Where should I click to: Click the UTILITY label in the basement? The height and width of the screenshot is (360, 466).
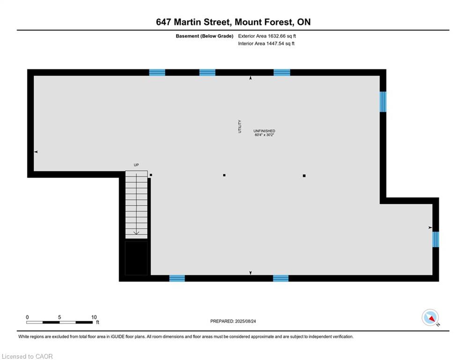click(240, 127)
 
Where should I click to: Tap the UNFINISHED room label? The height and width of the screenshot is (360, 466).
click(264, 131)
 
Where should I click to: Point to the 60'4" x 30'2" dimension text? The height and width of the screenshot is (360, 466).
click(264, 135)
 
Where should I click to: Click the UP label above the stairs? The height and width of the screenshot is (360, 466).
click(136, 165)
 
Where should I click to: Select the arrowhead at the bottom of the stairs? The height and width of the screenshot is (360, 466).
click(136, 232)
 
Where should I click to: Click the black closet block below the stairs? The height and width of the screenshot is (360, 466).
click(136, 258)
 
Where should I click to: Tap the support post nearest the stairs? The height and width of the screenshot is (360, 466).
click(151, 175)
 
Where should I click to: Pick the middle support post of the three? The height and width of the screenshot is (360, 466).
click(224, 175)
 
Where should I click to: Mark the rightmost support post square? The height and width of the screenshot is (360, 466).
click(304, 176)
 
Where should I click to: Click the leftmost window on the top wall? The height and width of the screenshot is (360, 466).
click(157, 73)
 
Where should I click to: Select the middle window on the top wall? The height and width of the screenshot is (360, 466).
click(207, 73)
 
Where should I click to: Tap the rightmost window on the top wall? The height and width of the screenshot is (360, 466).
click(282, 73)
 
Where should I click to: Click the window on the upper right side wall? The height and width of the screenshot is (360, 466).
click(383, 102)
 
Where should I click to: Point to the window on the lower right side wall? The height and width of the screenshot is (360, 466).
click(436, 240)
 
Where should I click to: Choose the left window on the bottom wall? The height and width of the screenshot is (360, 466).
click(177, 278)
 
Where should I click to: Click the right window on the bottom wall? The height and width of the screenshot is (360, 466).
click(281, 278)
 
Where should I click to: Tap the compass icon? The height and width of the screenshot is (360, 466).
click(430, 317)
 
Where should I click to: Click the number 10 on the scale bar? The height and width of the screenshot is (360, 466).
click(94, 317)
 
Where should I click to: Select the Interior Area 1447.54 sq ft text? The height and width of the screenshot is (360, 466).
click(266, 44)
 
